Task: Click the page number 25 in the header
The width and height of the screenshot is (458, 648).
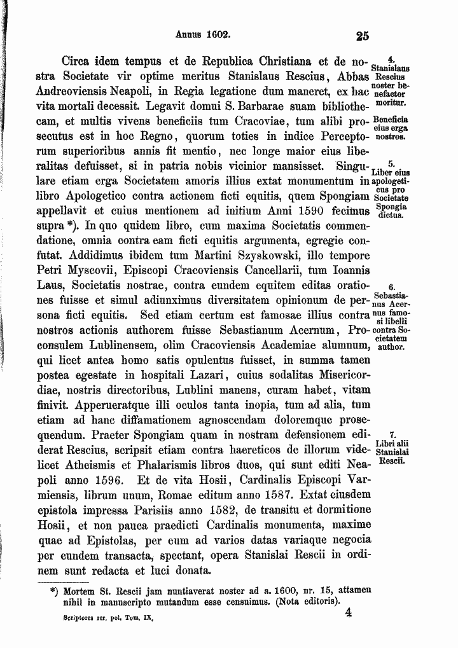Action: [x=363, y=37]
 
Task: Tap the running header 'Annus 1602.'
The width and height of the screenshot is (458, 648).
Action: [x=202, y=36]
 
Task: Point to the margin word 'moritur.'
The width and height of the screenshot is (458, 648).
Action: [x=391, y=101]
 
